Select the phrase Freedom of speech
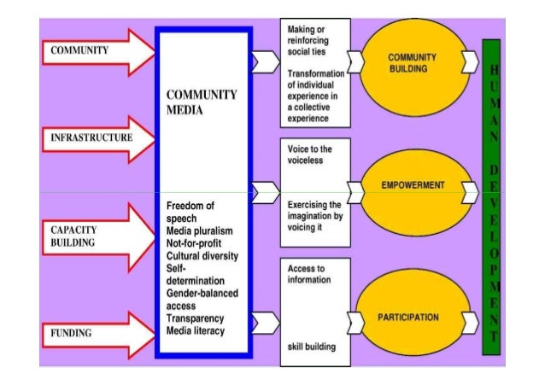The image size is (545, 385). [190, 212]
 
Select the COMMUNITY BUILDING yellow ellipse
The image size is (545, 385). [413, 61]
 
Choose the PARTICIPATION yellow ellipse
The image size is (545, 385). [413, 318]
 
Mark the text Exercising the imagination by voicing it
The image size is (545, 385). [314, 218]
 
